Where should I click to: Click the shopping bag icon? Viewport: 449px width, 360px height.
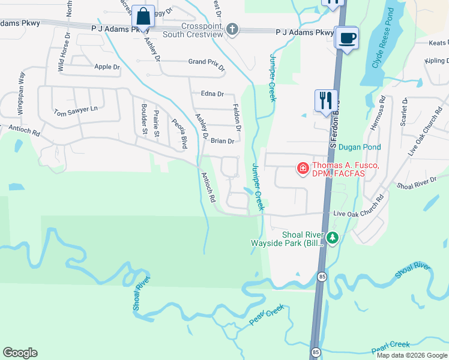tap(143, 16)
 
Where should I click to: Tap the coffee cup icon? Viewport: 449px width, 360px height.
tap(347, 38)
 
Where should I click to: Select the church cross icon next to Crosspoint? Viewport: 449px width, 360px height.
tap(233, 29)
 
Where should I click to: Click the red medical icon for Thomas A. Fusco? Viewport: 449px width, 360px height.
tap(303, 169)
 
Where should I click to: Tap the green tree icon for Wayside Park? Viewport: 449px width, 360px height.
tap(332, 238)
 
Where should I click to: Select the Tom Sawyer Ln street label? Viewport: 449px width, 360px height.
tap(75, 111)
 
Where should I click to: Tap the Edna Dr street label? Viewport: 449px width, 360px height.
tap(212, 94)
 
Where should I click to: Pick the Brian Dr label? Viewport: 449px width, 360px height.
tap(222, 142)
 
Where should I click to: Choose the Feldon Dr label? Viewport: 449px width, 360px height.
tap(237, 117)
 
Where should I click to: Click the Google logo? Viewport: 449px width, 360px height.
tap(20, 353)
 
